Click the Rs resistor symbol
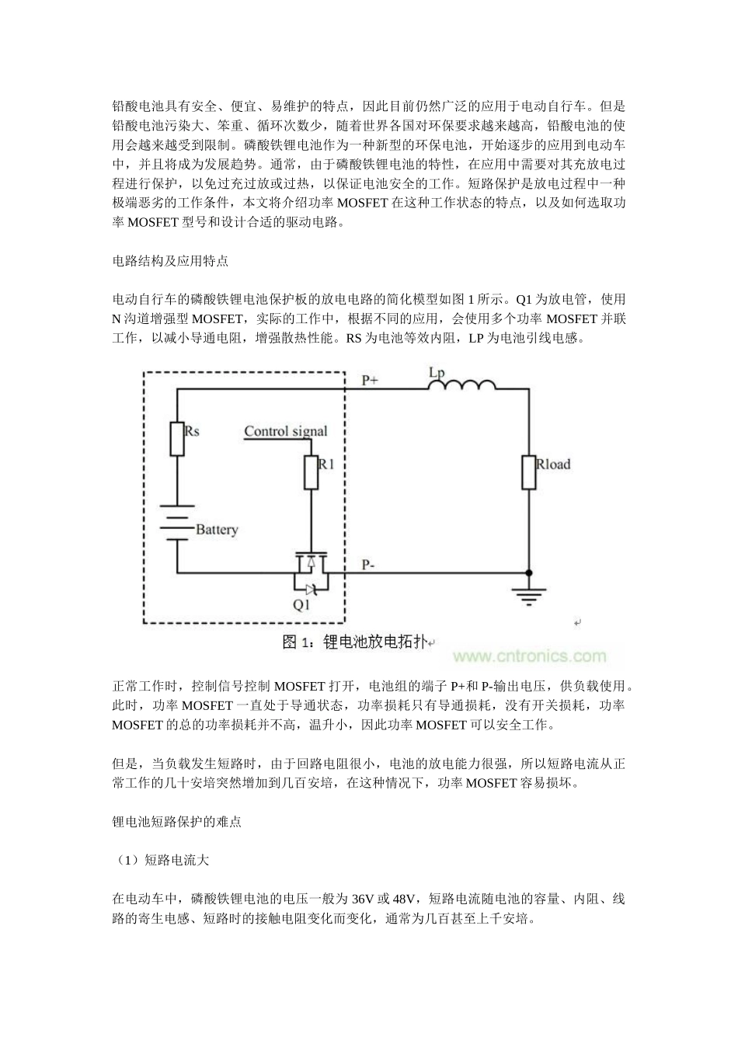(x=177, y=439)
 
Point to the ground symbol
(x=529, y=593)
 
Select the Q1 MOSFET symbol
(x=311, y=571)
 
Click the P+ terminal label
(x=371, y=381)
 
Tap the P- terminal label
(x=370, y=565)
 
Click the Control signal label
(x=285, y=432)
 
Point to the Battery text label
(x=217, y=530)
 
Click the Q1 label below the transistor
(x=301, y=604)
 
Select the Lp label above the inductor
(x=437, y=373)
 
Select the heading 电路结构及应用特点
(x=170, y=261)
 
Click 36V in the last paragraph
(x=363, y=900)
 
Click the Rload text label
(x=553, y=465)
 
